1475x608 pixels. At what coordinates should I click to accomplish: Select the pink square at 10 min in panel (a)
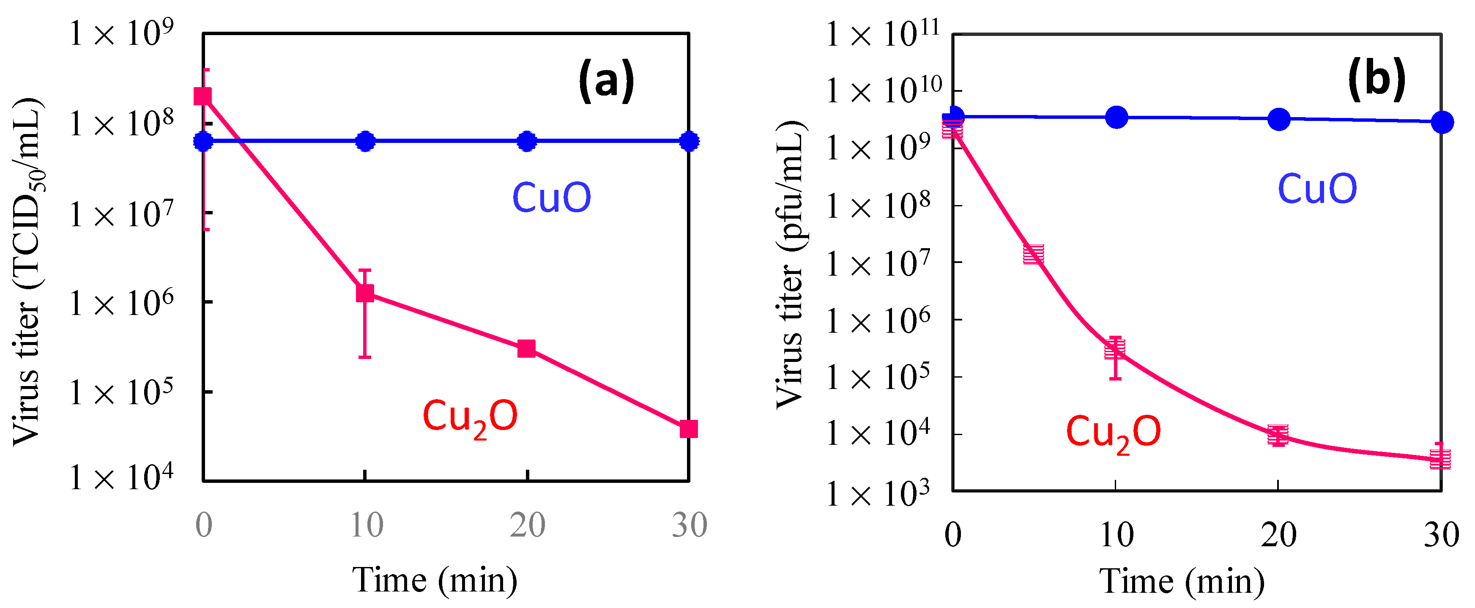[365, 293]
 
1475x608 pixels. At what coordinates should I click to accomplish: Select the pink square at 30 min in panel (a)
[688, 429]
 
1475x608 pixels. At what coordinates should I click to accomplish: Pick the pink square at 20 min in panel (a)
[526, 348]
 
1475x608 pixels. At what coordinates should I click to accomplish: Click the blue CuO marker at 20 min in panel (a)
[527, 141]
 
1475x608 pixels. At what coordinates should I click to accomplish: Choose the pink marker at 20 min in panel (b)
[1278, 435]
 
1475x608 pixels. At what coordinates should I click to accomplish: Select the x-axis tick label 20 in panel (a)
[527, 525]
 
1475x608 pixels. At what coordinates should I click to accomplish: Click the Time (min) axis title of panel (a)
[435, 581]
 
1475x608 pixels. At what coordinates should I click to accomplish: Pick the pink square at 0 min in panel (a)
[203, 96]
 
